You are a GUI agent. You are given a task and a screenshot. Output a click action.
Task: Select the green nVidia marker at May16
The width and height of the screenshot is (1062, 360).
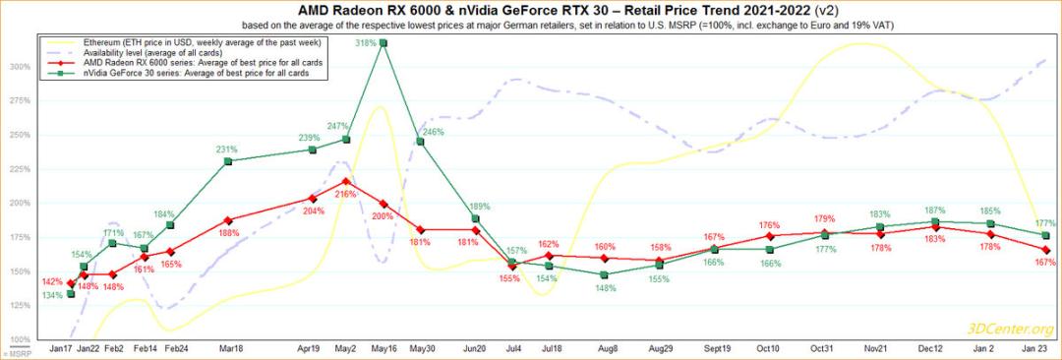tap(383, 43)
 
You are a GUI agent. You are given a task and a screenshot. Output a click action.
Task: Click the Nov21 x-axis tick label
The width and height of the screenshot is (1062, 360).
tap(877, 348)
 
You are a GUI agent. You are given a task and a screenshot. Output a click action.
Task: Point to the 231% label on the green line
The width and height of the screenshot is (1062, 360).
tap(228, 149)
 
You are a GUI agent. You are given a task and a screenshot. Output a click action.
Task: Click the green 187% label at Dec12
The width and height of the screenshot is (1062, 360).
tap(934, 210)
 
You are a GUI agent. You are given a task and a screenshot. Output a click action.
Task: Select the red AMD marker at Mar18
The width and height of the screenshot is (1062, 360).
tap(228, 220)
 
